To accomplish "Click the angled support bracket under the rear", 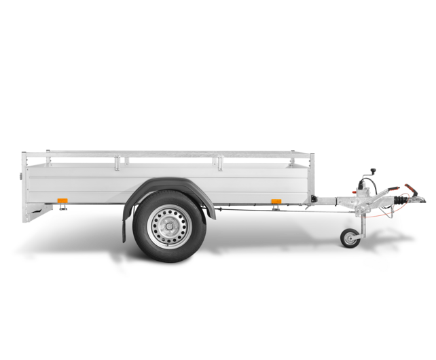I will [38, 213].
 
